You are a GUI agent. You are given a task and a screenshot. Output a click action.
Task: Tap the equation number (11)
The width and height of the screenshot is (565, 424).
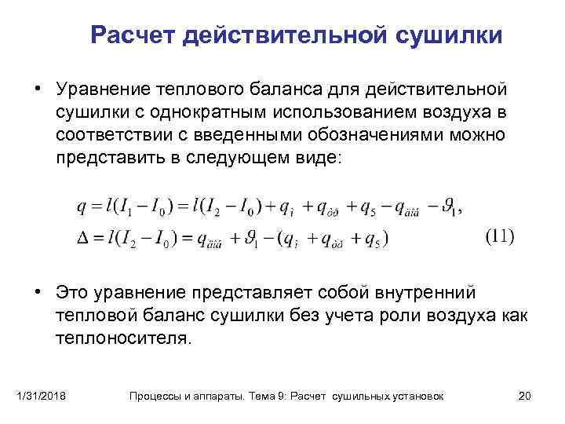coord(499,236)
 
